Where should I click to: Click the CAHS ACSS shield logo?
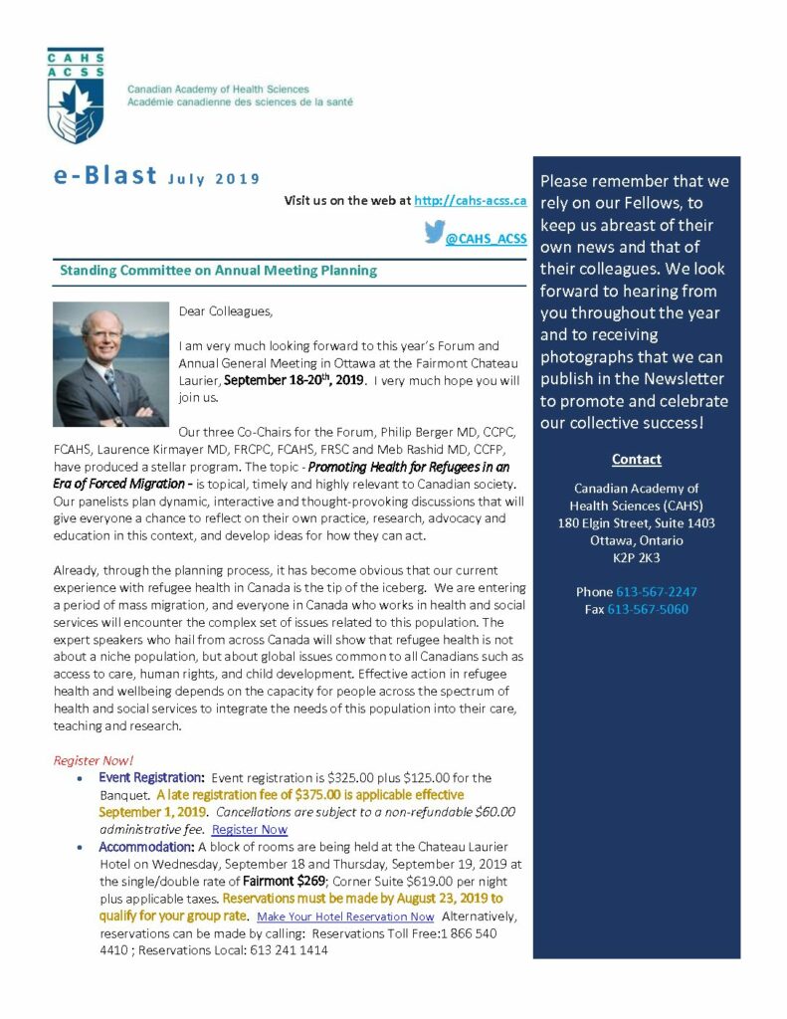(77, 96)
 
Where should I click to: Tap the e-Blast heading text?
(105, 177)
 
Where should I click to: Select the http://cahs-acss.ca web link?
(470, 201)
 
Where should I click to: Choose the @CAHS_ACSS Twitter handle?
(486, 239)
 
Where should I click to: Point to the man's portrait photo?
(110, 364)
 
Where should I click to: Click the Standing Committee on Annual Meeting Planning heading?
(218, 270)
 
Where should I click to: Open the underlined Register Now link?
(250, 830)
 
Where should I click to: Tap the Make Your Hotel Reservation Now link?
(345, 917)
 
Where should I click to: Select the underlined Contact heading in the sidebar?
(637, 460)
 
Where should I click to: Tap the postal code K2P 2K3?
(637, 557)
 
